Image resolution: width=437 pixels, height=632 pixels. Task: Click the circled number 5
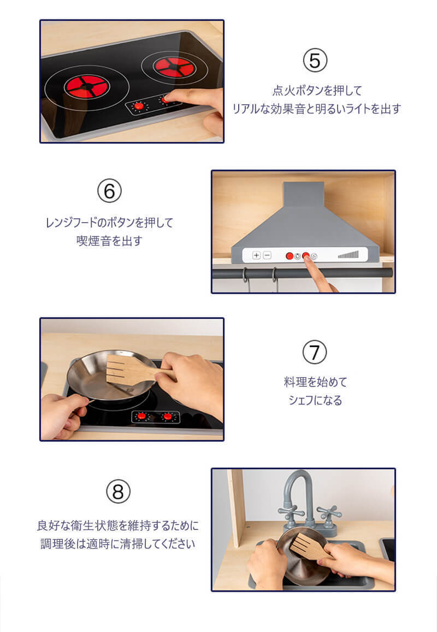(x=315, y=61)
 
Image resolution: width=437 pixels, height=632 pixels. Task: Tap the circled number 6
(x=109, y=191)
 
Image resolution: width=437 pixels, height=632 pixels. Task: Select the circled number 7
(x=315, y=352)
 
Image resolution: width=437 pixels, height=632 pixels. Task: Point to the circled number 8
(x=118, y=492)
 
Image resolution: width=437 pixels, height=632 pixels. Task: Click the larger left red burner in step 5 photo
(x=87, y=87)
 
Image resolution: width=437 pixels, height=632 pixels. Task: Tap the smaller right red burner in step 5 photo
(x=174, y=67)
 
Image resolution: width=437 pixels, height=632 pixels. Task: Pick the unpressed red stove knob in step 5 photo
(x=139, y=106)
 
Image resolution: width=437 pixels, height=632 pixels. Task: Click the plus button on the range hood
(x=256, y=255)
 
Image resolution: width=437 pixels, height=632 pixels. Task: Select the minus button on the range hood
(x=267, y=255)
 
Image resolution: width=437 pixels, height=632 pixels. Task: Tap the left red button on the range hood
(x=290, y=256)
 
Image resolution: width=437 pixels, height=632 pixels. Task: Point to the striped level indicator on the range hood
(x=348, y=255)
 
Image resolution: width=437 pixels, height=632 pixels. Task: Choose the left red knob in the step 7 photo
(x=141, y=416)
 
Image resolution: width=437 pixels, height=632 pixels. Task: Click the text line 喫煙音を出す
(x=109, y=241)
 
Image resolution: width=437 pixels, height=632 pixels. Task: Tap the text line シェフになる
(x=315, y=400)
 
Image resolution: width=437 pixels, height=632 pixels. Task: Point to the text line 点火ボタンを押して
(x=317, y=90)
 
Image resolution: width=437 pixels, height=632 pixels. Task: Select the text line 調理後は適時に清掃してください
(x=118, y=544)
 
